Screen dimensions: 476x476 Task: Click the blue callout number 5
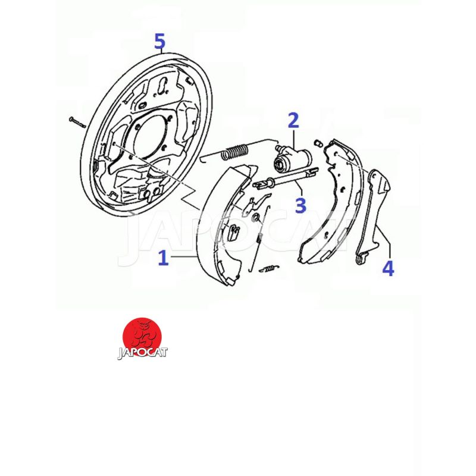pyautogui.click(x=159, y=41)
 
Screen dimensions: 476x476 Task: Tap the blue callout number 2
pyautogui.click(x=293, y=120)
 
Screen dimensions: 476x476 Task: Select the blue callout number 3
pyautogui.click(x=300, y=205)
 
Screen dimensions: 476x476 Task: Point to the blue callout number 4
pyautogui.click(x=388, y=268)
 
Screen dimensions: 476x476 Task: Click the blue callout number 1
pyautogui.click(x=163, y=258)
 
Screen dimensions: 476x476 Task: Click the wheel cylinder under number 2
pyautogui.click(x=292, y=157)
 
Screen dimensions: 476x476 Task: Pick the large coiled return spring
pyautogui.click(x=236, y=151)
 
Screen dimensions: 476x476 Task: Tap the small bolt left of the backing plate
pyautogui.click(x=77, y=122)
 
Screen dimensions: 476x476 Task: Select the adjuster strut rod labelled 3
pyautogui.click(x=285, y=178)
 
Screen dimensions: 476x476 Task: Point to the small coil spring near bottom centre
pyautogui.click(x=269, y=268)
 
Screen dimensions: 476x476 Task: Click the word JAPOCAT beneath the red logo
pyautogui.click(x=143, y=353)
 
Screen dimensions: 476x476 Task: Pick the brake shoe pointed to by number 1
pyautogui.click(x=226, y=225)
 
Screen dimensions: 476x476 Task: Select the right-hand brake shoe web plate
pyautogui.click(x=331, y=201)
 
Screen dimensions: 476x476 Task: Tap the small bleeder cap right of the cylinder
pyautogui.click(x=318, y=143)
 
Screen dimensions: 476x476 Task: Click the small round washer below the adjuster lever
pyautogui.click(x=256, y=217)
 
